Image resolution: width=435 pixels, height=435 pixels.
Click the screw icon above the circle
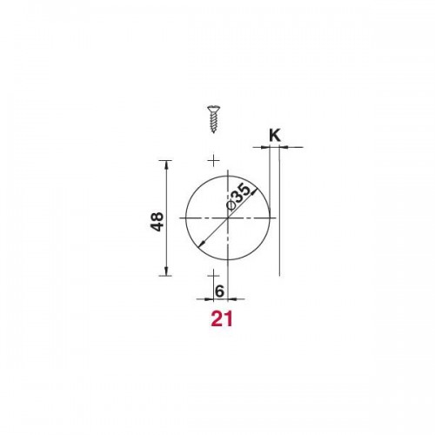click(214, 119)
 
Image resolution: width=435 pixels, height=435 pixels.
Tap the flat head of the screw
click(214, 108)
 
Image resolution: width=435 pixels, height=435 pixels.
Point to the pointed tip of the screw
click(214, 132)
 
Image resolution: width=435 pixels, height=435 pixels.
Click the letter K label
click(275, 136)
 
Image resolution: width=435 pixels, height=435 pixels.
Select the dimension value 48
click(157, 222)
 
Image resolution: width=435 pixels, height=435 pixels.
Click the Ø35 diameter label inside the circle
click(238, 197)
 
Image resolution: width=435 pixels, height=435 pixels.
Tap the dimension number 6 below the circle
click(219, 291)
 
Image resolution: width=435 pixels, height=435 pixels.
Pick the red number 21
click(222, 319)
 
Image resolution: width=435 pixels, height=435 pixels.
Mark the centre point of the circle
click(228, 217)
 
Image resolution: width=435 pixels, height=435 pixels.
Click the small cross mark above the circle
click(214, 160)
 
